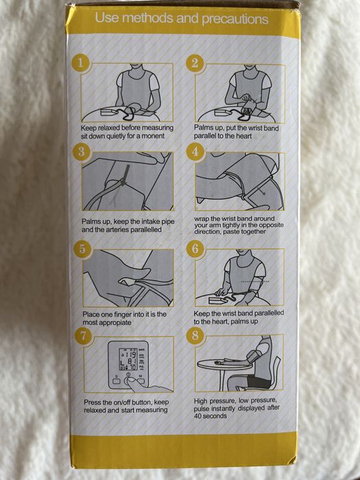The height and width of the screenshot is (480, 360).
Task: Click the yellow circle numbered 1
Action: click(x=80, y=63)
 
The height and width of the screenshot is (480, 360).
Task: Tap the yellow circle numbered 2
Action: click(x=195, y=63)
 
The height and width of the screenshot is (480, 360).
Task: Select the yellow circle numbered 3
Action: click(x=81, y=152)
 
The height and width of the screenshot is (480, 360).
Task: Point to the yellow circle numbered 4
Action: click(x=195, y=152)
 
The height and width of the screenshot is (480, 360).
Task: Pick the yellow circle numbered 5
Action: click(x=82, y=248)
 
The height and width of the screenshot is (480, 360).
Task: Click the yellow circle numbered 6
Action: click(x=195, y=248)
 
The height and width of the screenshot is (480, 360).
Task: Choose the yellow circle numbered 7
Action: click(x=83, y=336)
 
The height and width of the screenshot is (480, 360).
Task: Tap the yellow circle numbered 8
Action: click(x=195, y=335)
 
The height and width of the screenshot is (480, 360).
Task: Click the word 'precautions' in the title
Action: click(x=235, y=19)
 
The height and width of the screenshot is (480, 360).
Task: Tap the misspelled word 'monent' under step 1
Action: click(x=154, y=136)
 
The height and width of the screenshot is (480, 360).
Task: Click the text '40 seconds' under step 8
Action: click(x=211, y=416)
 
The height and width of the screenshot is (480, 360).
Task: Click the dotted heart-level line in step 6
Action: click(x=255, y=281)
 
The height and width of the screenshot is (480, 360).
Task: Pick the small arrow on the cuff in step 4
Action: click(x=261, y=192)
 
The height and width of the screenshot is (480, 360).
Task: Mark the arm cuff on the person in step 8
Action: click(x=254, y=356)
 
